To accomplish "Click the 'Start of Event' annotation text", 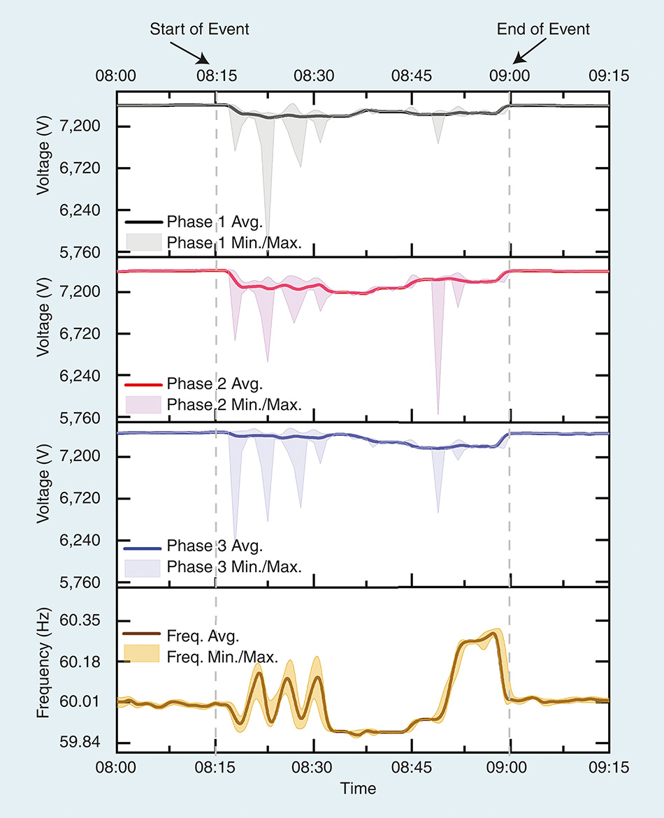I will click(199, 29).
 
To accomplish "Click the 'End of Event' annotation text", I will click(543, 29).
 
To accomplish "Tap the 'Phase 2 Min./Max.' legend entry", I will click(213, 404).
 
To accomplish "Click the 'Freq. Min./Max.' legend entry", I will click(209, 656).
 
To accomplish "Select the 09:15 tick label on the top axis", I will click(609, 75).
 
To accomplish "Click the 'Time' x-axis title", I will click(358, 789).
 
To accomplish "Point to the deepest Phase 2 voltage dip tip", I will click(438, 414).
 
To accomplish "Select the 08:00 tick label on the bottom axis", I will click(116, 766).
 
